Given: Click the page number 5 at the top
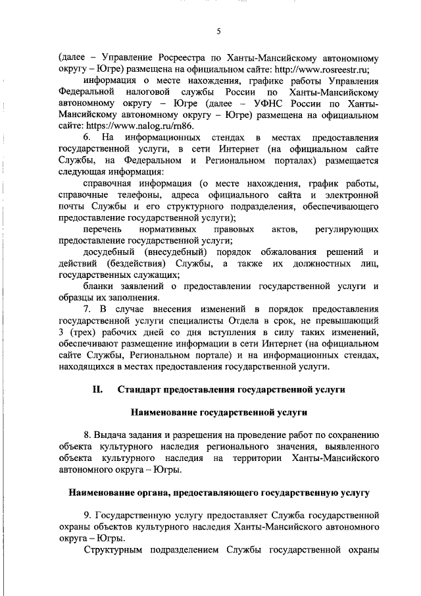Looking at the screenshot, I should [x=218, y=31].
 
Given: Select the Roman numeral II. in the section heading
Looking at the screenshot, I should [x=97, y=390].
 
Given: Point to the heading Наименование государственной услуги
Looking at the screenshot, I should [x=218, y=413].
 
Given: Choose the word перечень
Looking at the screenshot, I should [x=104, y=229].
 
